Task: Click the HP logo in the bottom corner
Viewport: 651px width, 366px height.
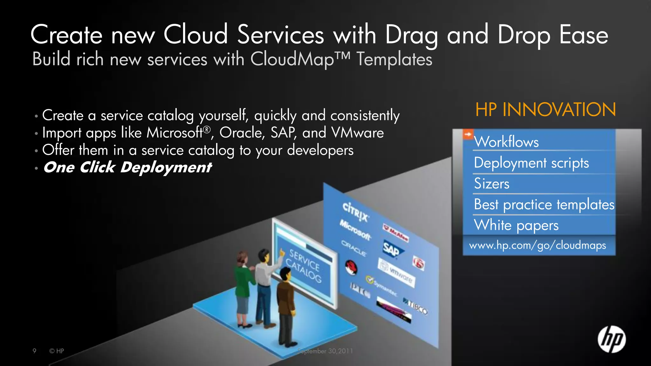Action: (612, 339)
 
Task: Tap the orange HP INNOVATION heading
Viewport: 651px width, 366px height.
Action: (545, 110)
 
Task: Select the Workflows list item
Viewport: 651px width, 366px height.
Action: (506, 142)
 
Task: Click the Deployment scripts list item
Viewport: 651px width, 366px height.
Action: (531, 163)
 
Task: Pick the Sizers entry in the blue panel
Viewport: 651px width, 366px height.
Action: (491, 184)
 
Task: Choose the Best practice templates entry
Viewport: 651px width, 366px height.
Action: (544, 204)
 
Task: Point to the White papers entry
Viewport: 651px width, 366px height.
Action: (516, 225)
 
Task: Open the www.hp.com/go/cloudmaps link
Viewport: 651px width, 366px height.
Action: (537, 245)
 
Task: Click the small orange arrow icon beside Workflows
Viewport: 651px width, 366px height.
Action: (468, 134)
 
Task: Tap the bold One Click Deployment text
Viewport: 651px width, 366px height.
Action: (127, 167)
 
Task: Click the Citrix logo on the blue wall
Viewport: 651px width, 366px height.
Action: (356, 212)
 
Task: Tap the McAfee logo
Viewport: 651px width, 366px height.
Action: (395, 233)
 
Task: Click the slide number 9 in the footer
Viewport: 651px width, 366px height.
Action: (34, 351)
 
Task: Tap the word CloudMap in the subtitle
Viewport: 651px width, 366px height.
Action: (292, 59)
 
